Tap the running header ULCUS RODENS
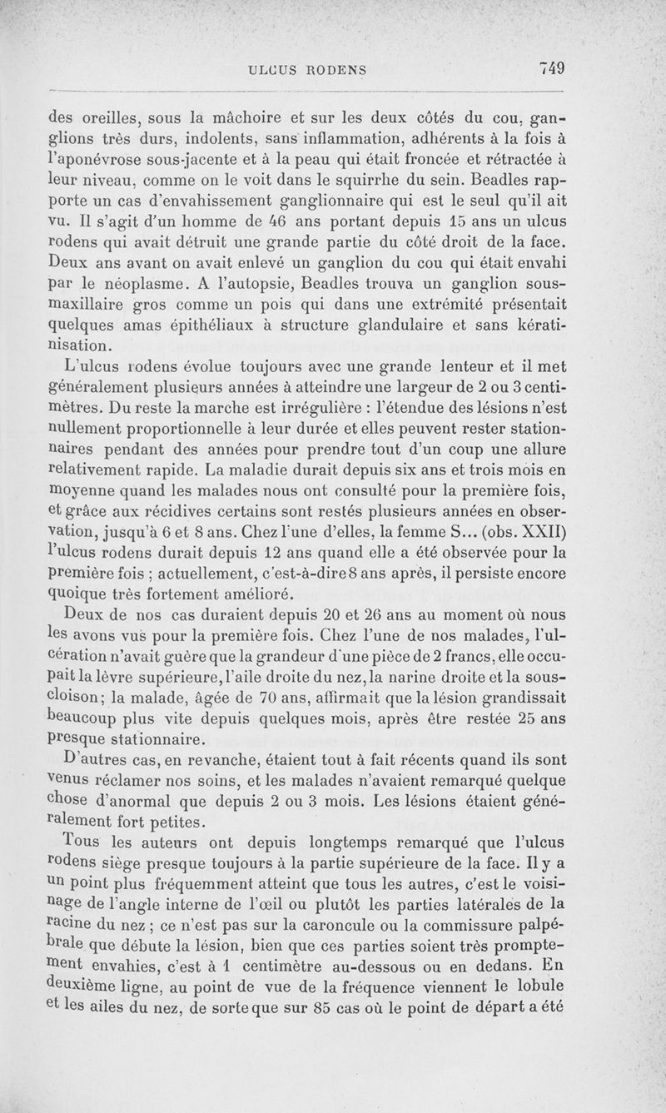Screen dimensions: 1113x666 click(x=308, y=70)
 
